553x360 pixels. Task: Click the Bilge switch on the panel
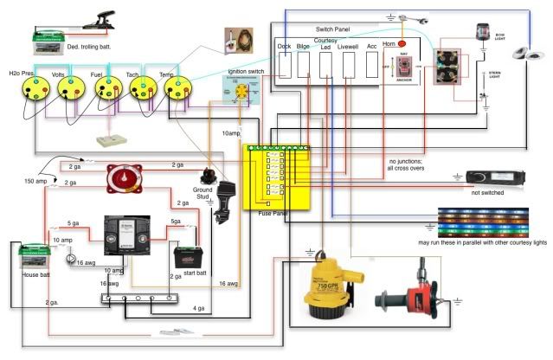click(x=305, y=65)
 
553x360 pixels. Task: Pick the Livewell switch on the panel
click(x=350, y=65)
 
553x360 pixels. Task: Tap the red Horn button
click(x=401, y=46)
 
